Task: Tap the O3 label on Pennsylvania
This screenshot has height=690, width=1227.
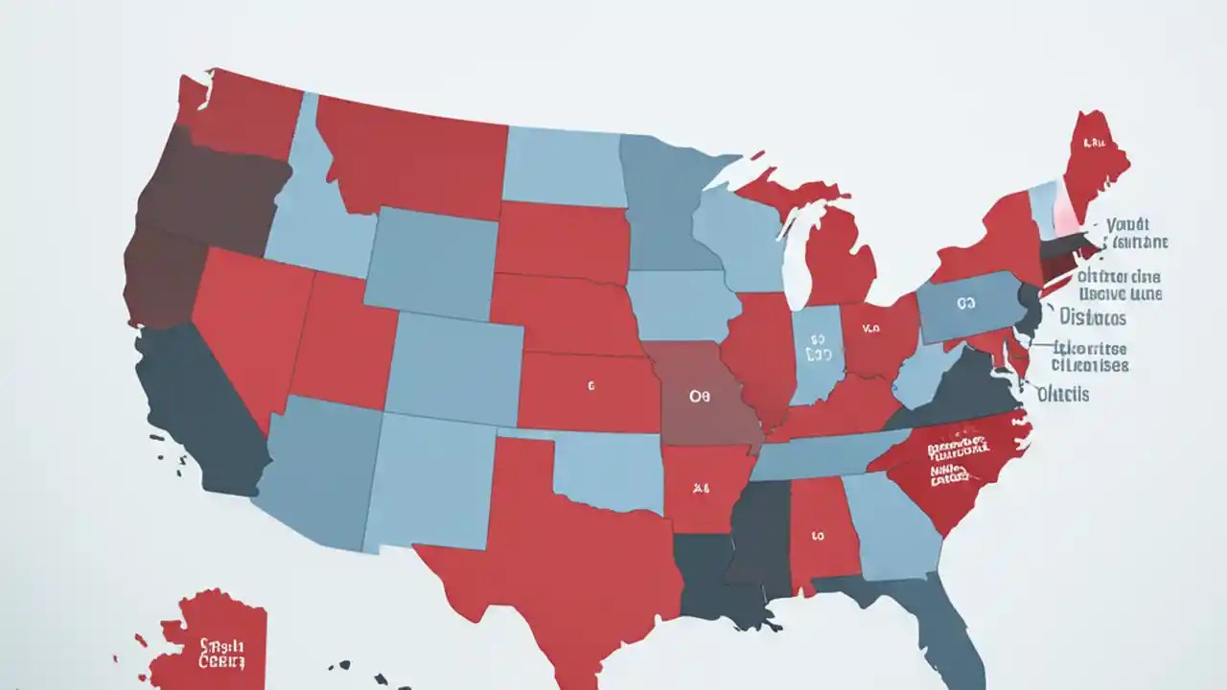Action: (x=964, y=303)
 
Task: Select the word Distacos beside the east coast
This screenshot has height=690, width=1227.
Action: (x=1093, y=317)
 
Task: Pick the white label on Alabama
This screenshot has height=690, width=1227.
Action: (x=818, y=536)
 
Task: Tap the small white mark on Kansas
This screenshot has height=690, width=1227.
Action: (x=591, y=387)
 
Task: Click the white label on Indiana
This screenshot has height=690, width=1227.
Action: (x=818, y=347)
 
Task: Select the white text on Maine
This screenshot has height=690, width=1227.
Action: (x=1093, y=143)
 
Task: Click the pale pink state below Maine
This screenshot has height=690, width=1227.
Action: (x=1065, y=208)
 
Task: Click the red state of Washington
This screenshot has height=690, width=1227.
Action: (x=244, y=115)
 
